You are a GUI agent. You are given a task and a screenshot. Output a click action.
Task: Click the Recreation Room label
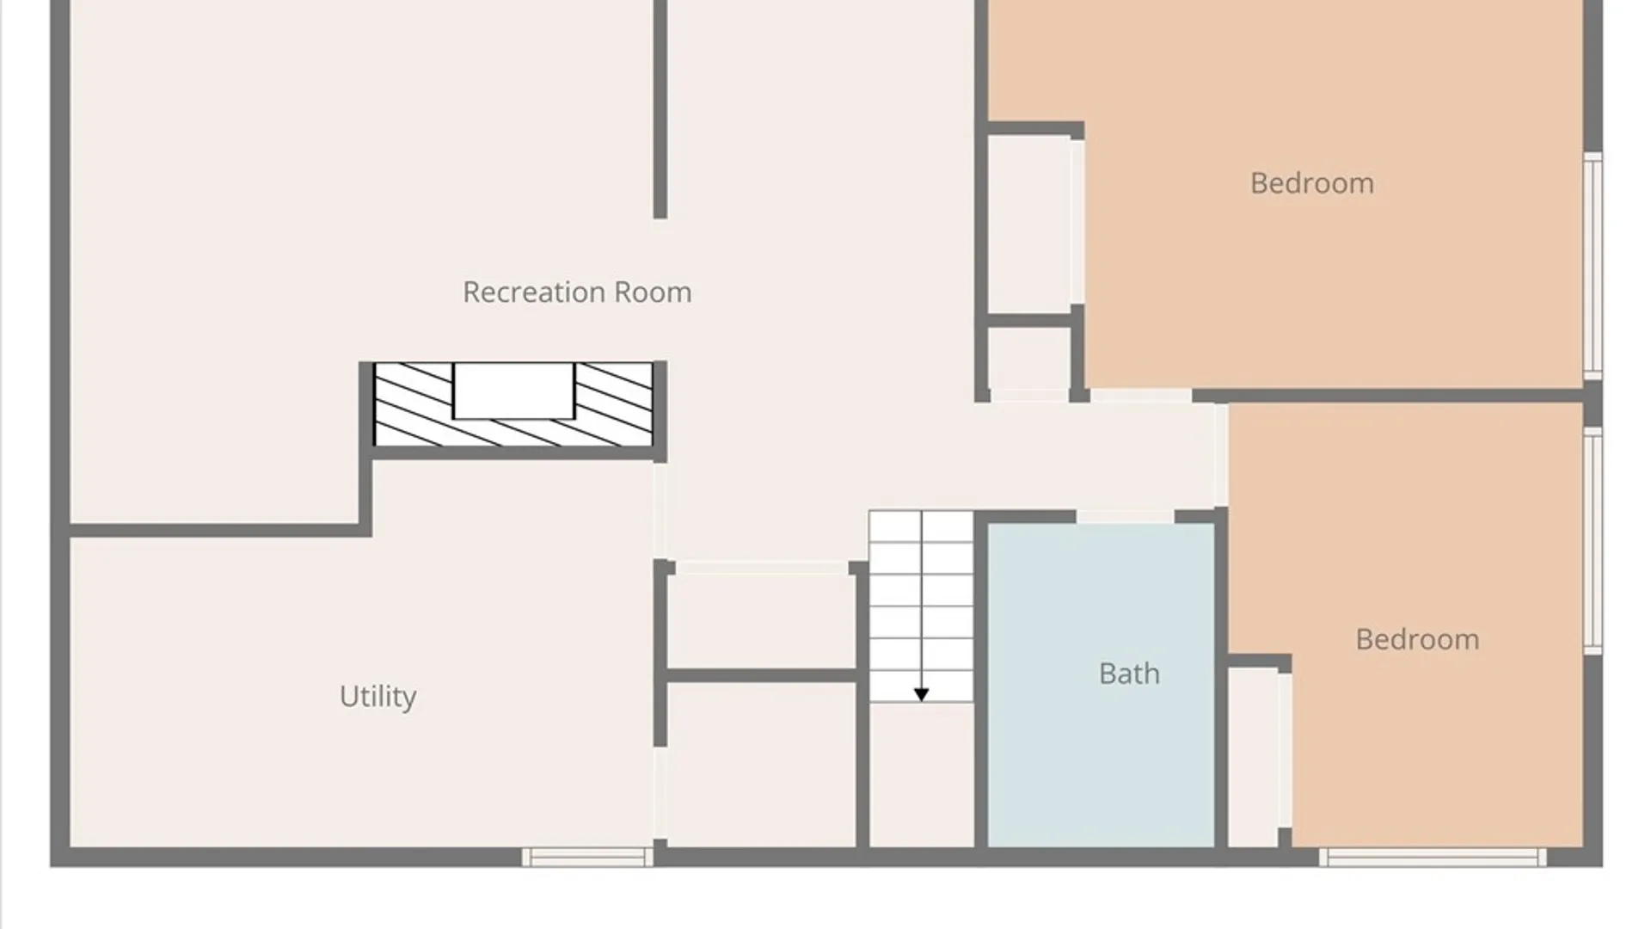pos(577,292)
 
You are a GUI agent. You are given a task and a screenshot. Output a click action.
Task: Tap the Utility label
pos(377,696)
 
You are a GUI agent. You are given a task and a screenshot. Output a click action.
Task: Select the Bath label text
pos(1129,673)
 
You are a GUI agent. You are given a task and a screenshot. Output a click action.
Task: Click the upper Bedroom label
pos(1311,183)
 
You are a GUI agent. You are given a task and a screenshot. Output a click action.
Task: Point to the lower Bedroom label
pos(1417,639)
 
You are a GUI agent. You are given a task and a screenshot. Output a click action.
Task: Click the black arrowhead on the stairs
pos(921,694)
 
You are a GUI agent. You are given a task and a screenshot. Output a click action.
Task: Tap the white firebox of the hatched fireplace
pos(513,391)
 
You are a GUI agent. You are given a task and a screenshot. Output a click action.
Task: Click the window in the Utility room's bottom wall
pos(587,857)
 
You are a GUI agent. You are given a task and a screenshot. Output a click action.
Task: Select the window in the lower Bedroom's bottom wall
pos(1433,857)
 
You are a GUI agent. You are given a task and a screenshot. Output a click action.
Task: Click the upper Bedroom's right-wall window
pos(1593,266)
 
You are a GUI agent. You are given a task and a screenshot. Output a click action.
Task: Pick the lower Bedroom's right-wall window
pos(1593,540)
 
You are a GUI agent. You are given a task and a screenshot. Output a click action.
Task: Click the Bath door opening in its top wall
pos(1125,516)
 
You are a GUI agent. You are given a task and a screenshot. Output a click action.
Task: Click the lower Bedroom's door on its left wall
pos(1221,455)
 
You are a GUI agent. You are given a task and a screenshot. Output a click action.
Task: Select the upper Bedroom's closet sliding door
pos(1077,222)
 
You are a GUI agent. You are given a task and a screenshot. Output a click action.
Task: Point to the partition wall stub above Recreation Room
pos(660,109)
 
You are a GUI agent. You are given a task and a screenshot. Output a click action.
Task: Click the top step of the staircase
pos(921,526)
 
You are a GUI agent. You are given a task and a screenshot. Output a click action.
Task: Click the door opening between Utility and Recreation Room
pos(660,511)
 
